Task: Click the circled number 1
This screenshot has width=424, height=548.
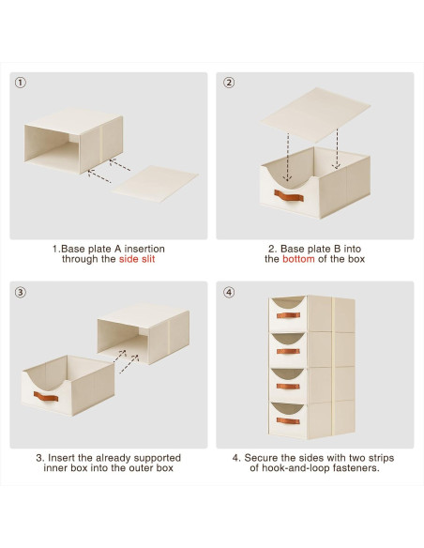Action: (21, 83)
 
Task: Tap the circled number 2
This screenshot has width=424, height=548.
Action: (229, 83)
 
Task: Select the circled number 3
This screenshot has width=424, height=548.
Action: (21, 292)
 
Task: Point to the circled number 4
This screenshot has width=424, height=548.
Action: (229, 292)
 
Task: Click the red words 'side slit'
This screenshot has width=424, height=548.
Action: (137, 259)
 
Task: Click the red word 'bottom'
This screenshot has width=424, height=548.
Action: (298, 259)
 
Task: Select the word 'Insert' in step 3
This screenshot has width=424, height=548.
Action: (60, 458)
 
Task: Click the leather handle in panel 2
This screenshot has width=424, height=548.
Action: (289, 196)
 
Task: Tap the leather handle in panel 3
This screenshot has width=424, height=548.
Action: (46, 396)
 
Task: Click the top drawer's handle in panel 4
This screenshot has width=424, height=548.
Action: (288, 315)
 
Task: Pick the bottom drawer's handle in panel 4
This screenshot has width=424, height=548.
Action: (288, 420)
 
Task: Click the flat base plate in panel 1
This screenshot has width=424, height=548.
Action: (155, 184)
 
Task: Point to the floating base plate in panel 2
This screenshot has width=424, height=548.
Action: (315, 114)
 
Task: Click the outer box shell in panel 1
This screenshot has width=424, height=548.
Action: (74, 141)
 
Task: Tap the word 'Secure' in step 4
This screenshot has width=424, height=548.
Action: (259, 458)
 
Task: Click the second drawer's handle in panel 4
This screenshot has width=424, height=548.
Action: (288, 351)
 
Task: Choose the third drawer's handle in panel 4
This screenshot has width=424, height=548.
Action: (288, 386)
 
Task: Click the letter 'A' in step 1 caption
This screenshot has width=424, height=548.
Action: (117, 249)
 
